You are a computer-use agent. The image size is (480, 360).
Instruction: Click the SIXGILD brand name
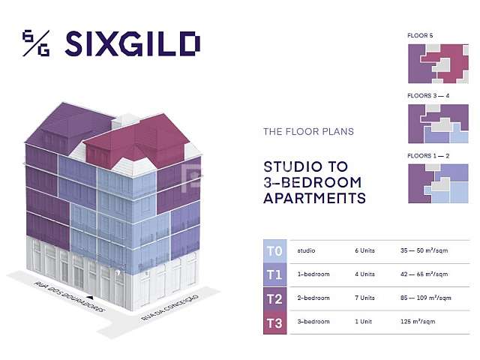pyautogui.click(x=133, y=43)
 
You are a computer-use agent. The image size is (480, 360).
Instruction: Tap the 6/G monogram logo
pyautogui.click(x=36, y=43)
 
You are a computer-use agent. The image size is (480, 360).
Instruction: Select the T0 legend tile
pyautogui.click(x=275, y=251)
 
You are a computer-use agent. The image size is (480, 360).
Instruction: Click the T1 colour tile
pyautogui.click(x=275, y=275)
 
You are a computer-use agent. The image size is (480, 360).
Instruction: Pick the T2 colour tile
pyautogui.click(x=275, y=298)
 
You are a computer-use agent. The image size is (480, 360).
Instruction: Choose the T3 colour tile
pyautogui.click(x=275, y=322)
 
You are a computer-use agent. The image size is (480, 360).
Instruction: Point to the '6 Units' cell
pyautogui.click(x=365, y=250)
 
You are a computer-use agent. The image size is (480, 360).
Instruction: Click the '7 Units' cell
pyautogui.click(x=365, y=298)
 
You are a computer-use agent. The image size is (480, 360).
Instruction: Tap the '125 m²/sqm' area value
pyautogui.click(x=418, y=322)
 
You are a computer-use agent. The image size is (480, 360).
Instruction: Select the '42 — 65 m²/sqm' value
pyautogui.click(x=424, y=274)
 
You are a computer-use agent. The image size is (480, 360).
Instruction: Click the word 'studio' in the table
pyautogui.click(x=306, y=250)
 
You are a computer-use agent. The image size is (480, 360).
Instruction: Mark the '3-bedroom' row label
pyautogui.click(x=313, y=322)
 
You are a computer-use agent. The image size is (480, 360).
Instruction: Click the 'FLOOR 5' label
pyautogui.click(x=420, y=35)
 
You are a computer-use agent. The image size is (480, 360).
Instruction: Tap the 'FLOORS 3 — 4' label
pyautogui.click(x=428, y=96)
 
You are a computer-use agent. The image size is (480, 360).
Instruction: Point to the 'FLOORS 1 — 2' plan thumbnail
pyautogui.click(x=438, y=183)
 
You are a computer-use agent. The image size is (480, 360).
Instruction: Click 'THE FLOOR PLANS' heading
pyautogui.click(x=308, y=132)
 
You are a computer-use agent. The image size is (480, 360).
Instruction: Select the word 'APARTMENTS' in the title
pyautogui.click(x=314, y=198)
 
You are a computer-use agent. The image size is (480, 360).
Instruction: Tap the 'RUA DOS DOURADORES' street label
pyautogui.click(x=69, y=297)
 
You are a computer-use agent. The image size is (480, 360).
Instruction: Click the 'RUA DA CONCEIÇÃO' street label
pyautogui.click(x=169, y=307)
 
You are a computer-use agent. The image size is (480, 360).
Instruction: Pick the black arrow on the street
pyautogui.click(x=90, y=297)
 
